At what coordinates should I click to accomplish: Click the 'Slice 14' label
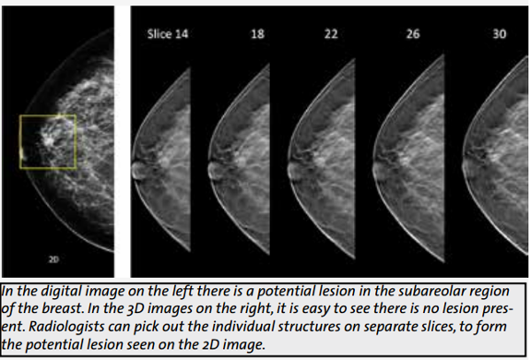(167, 34)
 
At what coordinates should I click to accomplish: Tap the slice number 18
(258, 34)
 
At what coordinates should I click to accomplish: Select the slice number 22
(331, 34)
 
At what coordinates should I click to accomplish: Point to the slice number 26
(412, 34)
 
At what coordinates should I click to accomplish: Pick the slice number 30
(499, 34)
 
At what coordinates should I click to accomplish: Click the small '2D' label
(54, 259)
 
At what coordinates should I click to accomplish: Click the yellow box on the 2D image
(20, 142)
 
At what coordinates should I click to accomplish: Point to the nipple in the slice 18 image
(213, 170)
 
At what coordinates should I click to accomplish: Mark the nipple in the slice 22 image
(293, 169)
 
